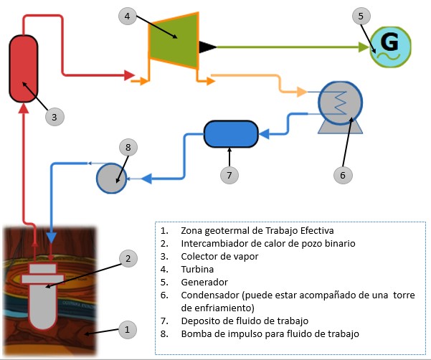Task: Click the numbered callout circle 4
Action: pos(128,15)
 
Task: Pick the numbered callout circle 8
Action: pos(128,148)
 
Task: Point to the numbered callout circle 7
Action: pos(229,174)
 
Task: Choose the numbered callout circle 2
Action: pos(127,258)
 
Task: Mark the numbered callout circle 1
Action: pos(126,330)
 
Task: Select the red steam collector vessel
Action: pos(24,68)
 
